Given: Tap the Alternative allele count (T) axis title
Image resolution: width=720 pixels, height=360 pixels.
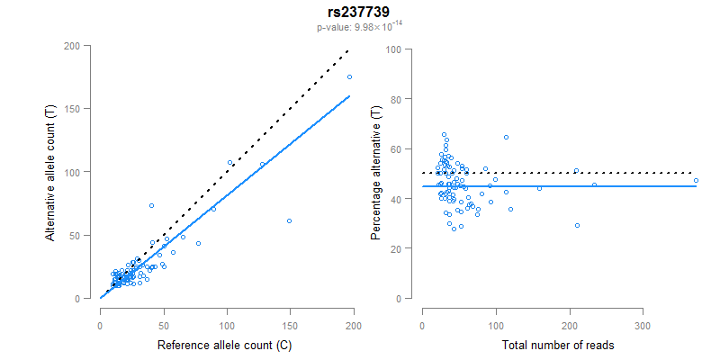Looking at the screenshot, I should point(52,172).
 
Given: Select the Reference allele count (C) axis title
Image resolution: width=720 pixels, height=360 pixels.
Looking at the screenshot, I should point(227,346).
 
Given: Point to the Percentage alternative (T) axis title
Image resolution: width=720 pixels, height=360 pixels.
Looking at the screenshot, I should point(376,172).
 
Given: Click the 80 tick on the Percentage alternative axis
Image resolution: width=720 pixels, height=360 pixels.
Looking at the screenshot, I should point(393,99).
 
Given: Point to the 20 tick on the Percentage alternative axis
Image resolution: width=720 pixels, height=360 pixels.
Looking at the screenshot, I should point(393,248).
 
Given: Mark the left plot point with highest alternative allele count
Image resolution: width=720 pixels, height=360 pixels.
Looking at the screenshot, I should point(349,76).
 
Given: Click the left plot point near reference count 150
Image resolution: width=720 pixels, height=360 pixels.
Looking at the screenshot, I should point(289,220).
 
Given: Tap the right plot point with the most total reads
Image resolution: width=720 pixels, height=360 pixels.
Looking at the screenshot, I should point(696,181).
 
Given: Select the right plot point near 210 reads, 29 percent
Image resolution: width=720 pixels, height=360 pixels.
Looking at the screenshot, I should point(577,225).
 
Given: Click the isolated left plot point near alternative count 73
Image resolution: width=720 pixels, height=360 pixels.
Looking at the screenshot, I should point(151,205).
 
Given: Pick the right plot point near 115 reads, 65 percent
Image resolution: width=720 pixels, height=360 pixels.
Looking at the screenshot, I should point(506,137).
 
